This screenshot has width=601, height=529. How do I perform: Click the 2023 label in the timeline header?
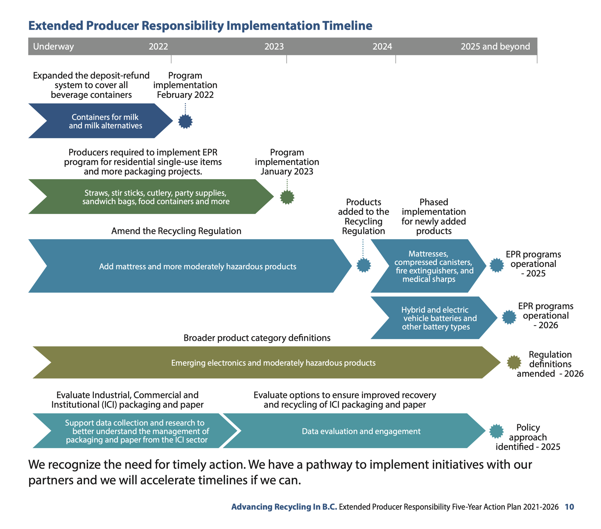pos(274,46)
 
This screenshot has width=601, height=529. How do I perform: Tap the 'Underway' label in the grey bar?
pos(53,46)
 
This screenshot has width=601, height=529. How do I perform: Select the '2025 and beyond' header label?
pos(495,46)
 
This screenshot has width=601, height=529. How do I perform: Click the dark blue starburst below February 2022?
pos(185,121)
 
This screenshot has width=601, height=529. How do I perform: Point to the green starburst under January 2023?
pos(287,197)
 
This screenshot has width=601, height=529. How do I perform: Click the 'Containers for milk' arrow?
pos(105,121)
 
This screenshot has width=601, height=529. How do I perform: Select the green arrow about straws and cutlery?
pos(155,197)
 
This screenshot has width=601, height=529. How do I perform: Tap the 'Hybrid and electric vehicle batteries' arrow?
pos(436,318)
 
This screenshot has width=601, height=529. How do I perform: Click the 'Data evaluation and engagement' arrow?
pos(361,431)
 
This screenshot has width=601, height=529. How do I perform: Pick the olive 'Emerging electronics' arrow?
pos(273,363)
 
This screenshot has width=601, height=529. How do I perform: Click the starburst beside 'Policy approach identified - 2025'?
pos(496,431)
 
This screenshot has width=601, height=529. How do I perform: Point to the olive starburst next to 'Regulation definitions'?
pos(514,362)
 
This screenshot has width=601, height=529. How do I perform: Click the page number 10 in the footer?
pos(569,507)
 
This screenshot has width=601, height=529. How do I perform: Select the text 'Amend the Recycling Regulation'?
pos(176,231)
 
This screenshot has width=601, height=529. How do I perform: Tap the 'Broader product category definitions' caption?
pos(257,338)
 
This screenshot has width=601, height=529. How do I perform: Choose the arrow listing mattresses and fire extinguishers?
pos(432,266)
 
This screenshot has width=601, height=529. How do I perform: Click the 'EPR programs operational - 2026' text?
pos(546,315)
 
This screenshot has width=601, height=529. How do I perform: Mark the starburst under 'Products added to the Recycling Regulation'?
pos(364,265)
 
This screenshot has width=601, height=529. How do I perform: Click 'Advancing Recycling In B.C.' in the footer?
pos(284,507)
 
